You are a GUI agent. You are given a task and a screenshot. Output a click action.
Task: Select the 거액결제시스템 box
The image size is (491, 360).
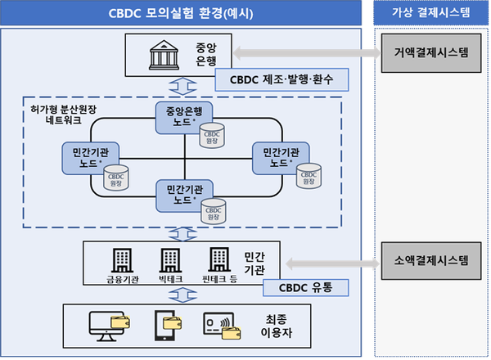coord(430,52)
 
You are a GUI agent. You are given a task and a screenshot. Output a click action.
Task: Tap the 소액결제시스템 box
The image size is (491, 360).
coord(430,262)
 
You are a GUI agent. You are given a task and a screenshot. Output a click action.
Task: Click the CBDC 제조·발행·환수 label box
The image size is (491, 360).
coord(273,79)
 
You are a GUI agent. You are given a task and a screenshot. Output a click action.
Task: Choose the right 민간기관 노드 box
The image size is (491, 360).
coord(276,157)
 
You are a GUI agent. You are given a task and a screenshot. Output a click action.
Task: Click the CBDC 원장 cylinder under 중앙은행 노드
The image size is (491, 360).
coord(211,136)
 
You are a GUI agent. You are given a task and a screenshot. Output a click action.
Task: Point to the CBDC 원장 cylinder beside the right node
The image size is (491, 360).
coord(309,175)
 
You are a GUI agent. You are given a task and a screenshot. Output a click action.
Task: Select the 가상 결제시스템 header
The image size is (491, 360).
coord(430,13)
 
